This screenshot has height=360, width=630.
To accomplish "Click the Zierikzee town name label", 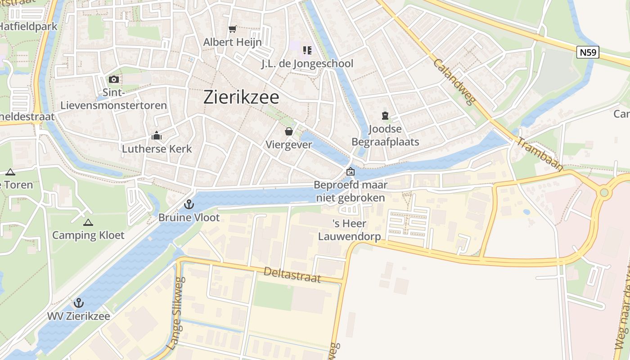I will (241, 97).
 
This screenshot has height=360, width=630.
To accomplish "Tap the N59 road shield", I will (588, 52).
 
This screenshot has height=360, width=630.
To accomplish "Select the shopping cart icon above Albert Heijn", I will (232, 29).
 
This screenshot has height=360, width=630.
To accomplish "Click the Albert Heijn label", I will (232, 42).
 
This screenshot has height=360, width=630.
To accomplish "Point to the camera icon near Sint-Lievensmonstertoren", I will (114, 80).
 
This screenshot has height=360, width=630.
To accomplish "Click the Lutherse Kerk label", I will (157, 148).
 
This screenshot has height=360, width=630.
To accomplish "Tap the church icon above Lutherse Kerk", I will (157, 135).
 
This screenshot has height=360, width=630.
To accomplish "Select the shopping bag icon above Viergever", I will (289, 131).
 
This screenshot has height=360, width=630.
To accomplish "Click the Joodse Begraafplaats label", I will (385, 136).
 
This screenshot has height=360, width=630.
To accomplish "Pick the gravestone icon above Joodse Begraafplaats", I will (385, 116).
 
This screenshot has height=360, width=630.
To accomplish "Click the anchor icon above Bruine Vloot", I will (189, 205).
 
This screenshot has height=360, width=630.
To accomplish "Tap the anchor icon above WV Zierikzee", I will (79, 303).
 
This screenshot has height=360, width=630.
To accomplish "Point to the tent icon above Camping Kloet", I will (88, 222).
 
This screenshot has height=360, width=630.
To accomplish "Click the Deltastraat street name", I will (292, 274).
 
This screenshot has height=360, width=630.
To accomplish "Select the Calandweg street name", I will (455, 81).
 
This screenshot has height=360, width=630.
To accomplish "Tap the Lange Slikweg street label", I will (175, 319).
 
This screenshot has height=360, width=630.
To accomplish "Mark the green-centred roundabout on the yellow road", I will (604, 193).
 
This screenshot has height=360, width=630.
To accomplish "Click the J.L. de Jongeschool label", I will (307, 63).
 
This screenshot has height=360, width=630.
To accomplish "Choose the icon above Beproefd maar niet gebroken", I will (350, 171).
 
